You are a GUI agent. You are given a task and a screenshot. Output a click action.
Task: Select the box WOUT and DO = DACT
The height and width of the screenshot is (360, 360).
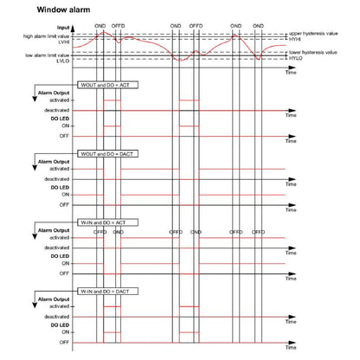tap(100, 154)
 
